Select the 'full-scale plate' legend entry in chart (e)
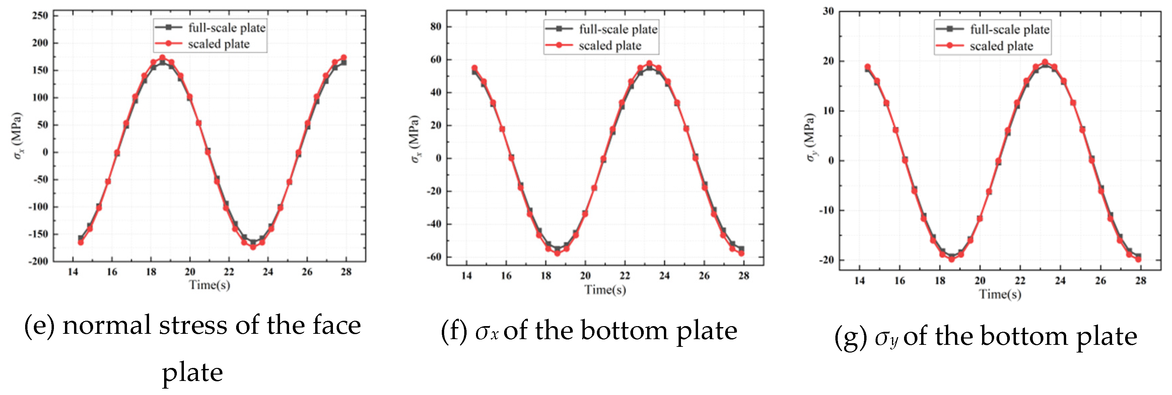pos(226,28)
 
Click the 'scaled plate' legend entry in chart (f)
pos(610,45)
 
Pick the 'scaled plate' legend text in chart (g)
pos(1001,46)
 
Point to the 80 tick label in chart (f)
pos(435,27)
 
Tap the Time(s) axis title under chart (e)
pos(209,285)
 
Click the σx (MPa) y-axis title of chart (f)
pos(415,139)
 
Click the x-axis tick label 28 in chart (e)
pos(346,272)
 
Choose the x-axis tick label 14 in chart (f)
pos(466,276)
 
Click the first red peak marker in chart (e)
pos(162,58)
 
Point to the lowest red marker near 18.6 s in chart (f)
pos(557,253)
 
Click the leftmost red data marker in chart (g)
pos(867,67)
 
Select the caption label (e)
pos(39,325)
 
